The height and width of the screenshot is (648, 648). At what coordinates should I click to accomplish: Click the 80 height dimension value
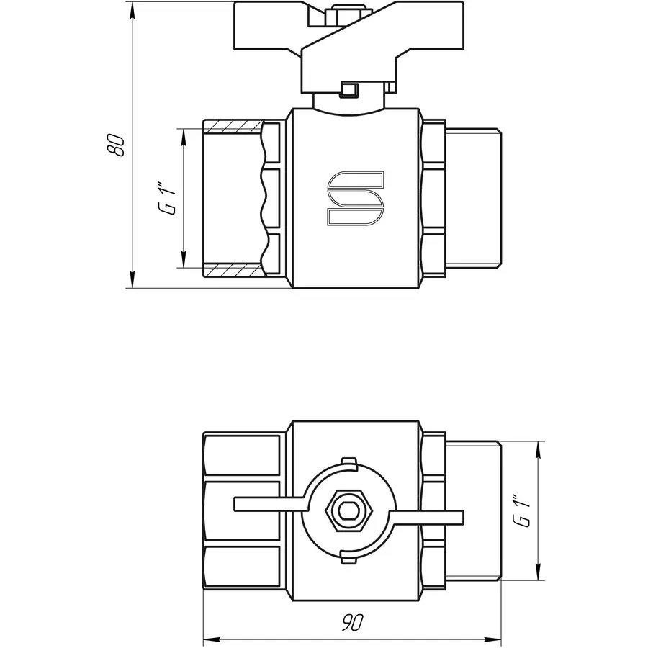coord(115,145)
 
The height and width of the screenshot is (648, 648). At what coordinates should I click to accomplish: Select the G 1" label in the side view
coord(168,200)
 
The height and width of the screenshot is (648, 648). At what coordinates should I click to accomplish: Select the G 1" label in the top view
coord(521,510)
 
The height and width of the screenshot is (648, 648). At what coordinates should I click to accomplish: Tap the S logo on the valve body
coord(356,199)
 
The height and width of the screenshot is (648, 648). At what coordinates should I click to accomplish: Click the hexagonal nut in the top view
coord(349,510)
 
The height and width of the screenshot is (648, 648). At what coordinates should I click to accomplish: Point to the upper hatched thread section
coord(233,127)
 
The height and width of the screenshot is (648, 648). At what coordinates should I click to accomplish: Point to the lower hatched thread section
coord(234,270)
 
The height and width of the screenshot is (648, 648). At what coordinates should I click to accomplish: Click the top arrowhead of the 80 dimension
coord(132,10)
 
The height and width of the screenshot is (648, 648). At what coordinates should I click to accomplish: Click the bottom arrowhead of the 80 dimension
coord(132,279)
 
